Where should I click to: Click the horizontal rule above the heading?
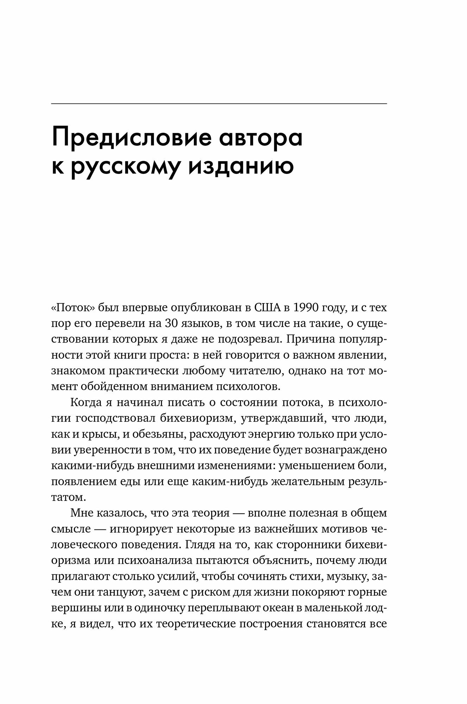click(219, 103)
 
